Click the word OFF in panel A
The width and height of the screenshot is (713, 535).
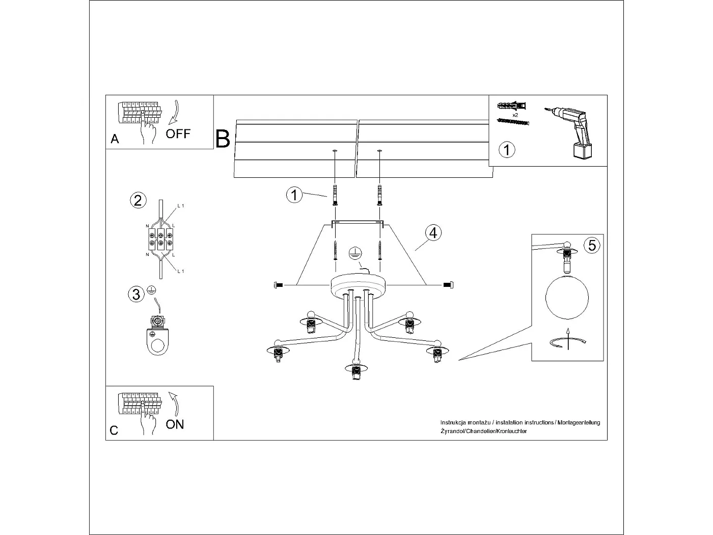(178, 134)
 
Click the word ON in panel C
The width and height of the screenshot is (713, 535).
(175, 424)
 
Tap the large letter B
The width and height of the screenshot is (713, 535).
(223, 139)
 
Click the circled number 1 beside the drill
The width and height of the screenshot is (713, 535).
(507, 150)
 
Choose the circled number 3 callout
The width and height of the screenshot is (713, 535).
(136, 294)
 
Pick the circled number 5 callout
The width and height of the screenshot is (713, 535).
(592, 245)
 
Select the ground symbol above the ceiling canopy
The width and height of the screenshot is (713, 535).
(355, 253)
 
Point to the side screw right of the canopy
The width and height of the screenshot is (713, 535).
(448, 284)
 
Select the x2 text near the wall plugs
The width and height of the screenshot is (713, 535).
(515, 116)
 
